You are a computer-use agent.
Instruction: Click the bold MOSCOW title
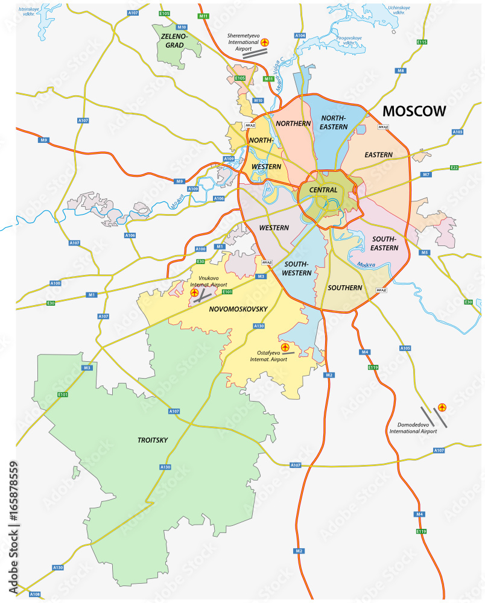(414, 111)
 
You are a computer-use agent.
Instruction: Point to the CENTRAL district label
(323, 190)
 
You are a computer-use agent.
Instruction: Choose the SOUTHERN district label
(344, 288)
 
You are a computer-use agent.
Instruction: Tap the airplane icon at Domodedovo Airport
(443, 408)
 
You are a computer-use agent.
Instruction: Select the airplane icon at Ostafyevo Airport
(285, 347)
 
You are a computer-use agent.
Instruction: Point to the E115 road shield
(422, 42)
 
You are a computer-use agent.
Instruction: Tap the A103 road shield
(457, 132)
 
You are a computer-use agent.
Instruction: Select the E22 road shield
(454, 168)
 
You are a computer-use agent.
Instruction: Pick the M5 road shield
(425, 253)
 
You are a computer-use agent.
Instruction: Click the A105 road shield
(405, 349)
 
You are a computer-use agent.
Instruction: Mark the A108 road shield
(35, 594)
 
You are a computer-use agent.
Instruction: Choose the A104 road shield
(300, 36)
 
